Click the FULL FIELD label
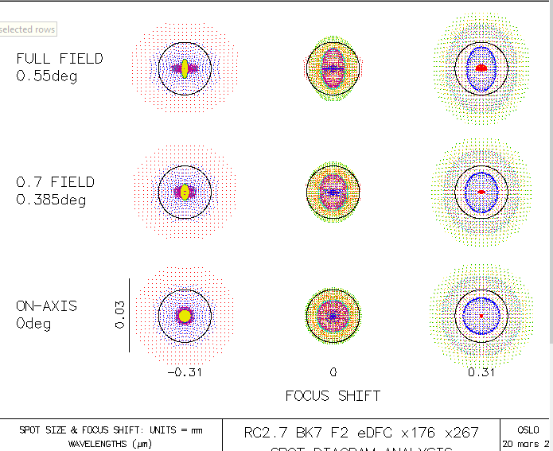[x=60, y=59]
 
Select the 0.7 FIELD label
[x=55, y=182]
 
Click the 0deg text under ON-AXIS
[x=33, y=323]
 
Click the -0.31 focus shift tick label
[x=185, y=372]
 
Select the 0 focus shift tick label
[x=333, y=372]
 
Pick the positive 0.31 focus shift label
[x=481, y=372]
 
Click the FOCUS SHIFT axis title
[x=333, y=395]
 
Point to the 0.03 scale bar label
[x=118, y=315]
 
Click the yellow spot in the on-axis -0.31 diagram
[x=185, y=316]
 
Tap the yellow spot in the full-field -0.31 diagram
[x=185, y=68]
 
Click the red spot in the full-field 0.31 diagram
[x=481, y=68]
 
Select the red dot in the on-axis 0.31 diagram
[x=481, y=316]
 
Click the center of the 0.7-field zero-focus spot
[x=333, y=192]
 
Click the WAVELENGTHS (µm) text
[x=111, y=443]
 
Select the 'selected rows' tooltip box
[x=28, y=29]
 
